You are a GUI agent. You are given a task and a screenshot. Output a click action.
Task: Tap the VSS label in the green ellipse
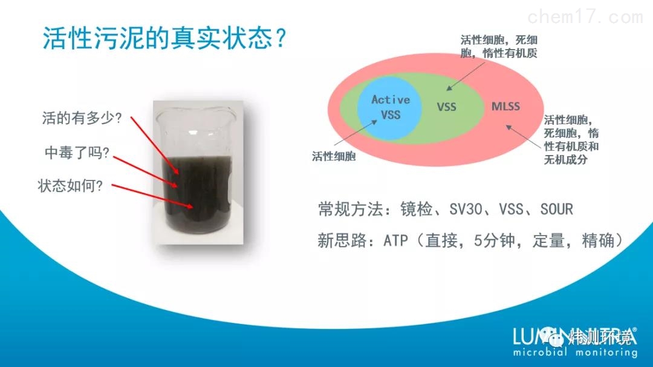446,107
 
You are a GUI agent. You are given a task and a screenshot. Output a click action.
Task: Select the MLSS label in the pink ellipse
505,107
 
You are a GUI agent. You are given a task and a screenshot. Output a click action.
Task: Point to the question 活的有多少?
82,118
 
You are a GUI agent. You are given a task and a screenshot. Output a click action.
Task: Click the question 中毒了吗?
77,153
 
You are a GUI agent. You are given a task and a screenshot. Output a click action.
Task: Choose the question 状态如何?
71,186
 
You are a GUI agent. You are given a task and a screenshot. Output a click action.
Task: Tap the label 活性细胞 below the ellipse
334,156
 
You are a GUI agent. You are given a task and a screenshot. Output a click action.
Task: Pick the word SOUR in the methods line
556,210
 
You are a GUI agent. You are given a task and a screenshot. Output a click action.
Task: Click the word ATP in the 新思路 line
397,241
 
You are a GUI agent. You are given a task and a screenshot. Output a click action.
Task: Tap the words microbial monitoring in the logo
575,352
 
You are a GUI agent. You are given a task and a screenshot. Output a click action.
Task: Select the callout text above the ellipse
499,47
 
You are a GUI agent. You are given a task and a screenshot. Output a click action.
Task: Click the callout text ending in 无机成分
571,140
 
